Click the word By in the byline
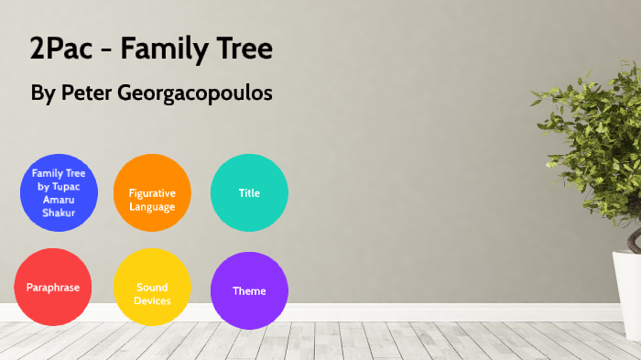pos(43,94)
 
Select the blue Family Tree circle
pos(59,192)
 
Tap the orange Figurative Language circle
pos(152,192)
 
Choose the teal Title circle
pos(249,192)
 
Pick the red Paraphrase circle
pos(53,288)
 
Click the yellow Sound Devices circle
pos(152,288)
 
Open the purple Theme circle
pos(249,290)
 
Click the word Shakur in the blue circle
pos(59,213)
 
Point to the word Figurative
pos(152,193)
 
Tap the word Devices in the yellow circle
pos(152,300)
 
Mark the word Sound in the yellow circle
pos(152,288)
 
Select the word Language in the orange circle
pos(152,206)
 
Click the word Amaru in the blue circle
pos(59,200)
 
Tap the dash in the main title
pos(108,51)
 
